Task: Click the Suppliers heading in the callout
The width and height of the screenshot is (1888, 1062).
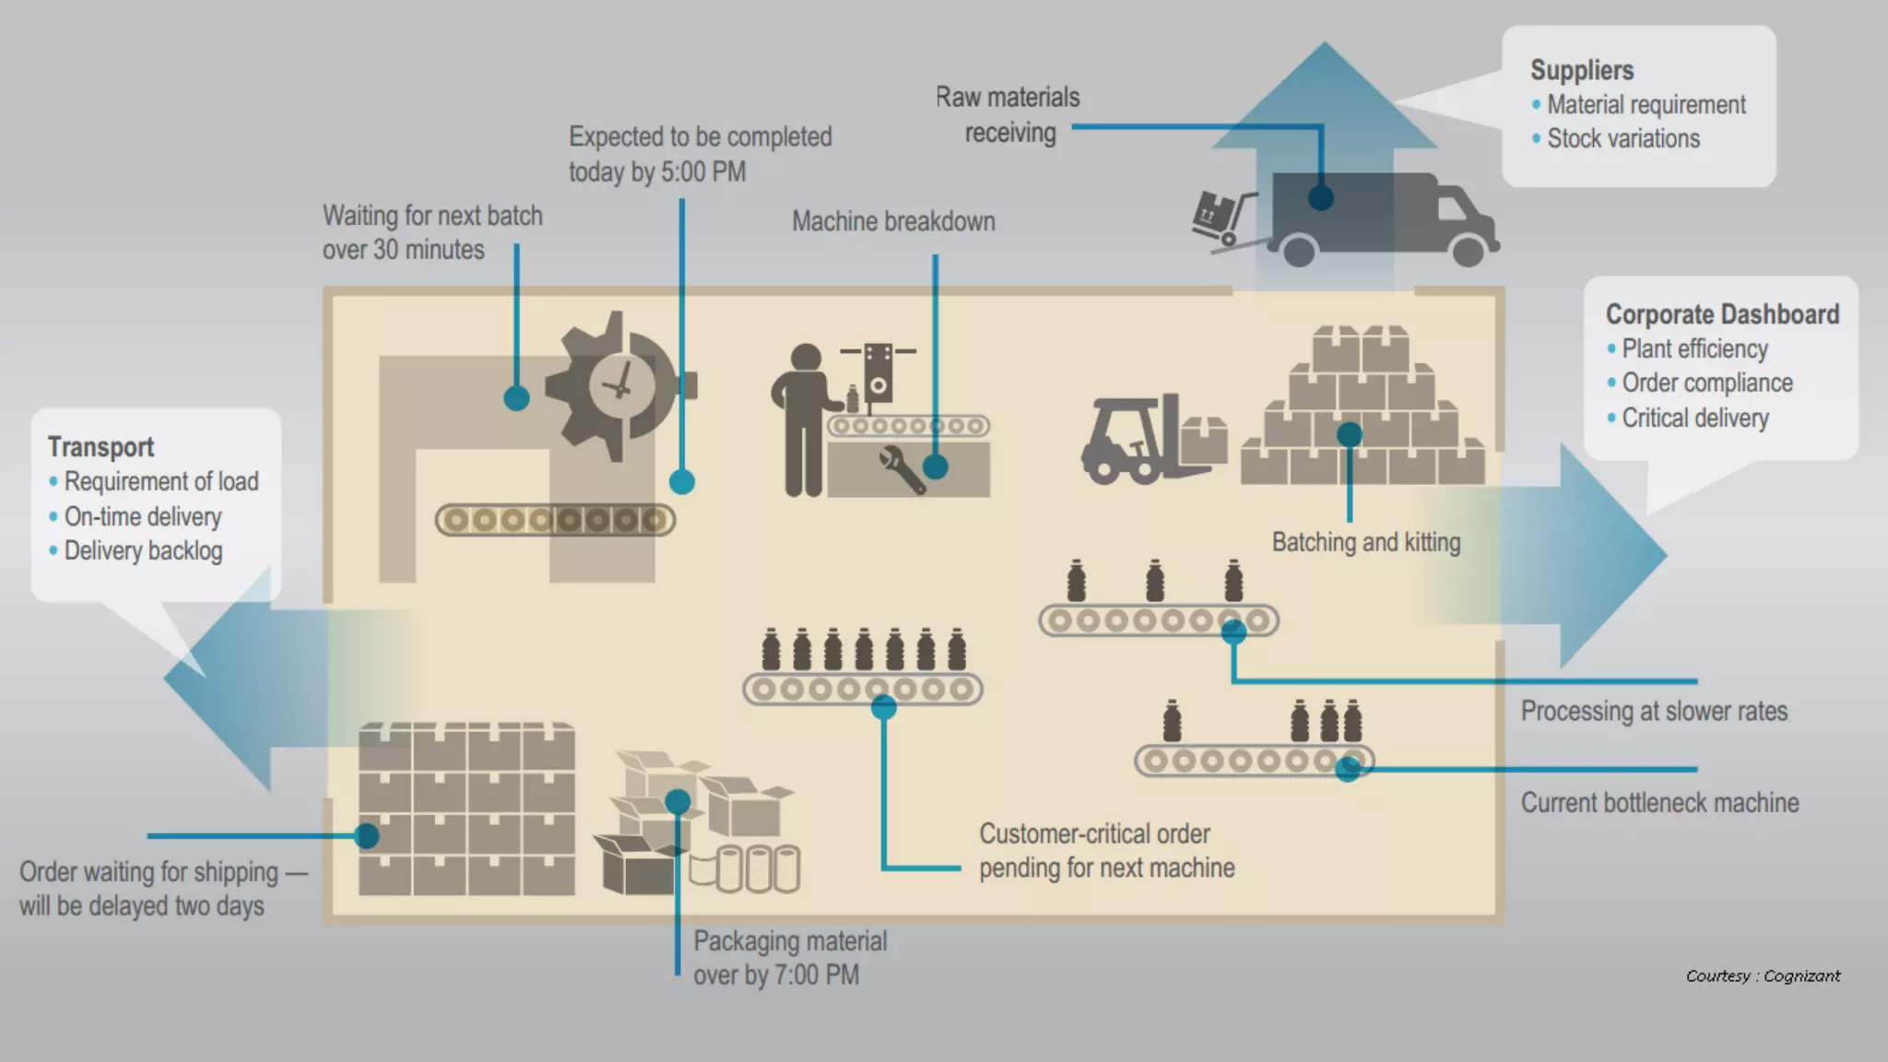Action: pyautogui.click(x=1582, y=70)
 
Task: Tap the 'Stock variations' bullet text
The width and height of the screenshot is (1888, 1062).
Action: pyautogui.click(x=1623, y=138)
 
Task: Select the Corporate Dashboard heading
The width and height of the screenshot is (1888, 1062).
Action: pyautogui.click(x=1722, y=314)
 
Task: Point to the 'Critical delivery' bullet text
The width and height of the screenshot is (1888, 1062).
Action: pyautogui.click(x=1695, y=418)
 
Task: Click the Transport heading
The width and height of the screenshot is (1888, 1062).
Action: pyautogui.click(x=100, y=447)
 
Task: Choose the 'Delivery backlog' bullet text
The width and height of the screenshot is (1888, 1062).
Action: pyautogui.click(x=143, y=551)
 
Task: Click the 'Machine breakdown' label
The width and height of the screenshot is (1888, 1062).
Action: pyautogui.click(x=893, y=221)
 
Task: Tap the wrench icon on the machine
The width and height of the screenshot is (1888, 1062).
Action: pyautogui.click(x=901, y=469)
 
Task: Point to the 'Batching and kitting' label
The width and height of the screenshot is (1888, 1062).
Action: pyautogui.click(x=1366, y=542)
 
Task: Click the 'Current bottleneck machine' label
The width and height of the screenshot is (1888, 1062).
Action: pyautogui.click(x=1659, y=803)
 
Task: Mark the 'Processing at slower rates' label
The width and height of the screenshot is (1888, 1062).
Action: pyautogui.click(x=1654, y=712)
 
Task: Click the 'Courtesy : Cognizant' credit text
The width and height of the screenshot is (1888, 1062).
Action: pyautogui.click(x=1763, y=976)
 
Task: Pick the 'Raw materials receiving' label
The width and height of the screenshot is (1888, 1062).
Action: pyautogui.click(x=1009, y=114)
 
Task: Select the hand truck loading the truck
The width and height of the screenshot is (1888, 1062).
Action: pyautogui.click(x=1222, y=219)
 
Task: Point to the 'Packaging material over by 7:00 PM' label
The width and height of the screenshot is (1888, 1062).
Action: pyautogui.click(x=790, y=958)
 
